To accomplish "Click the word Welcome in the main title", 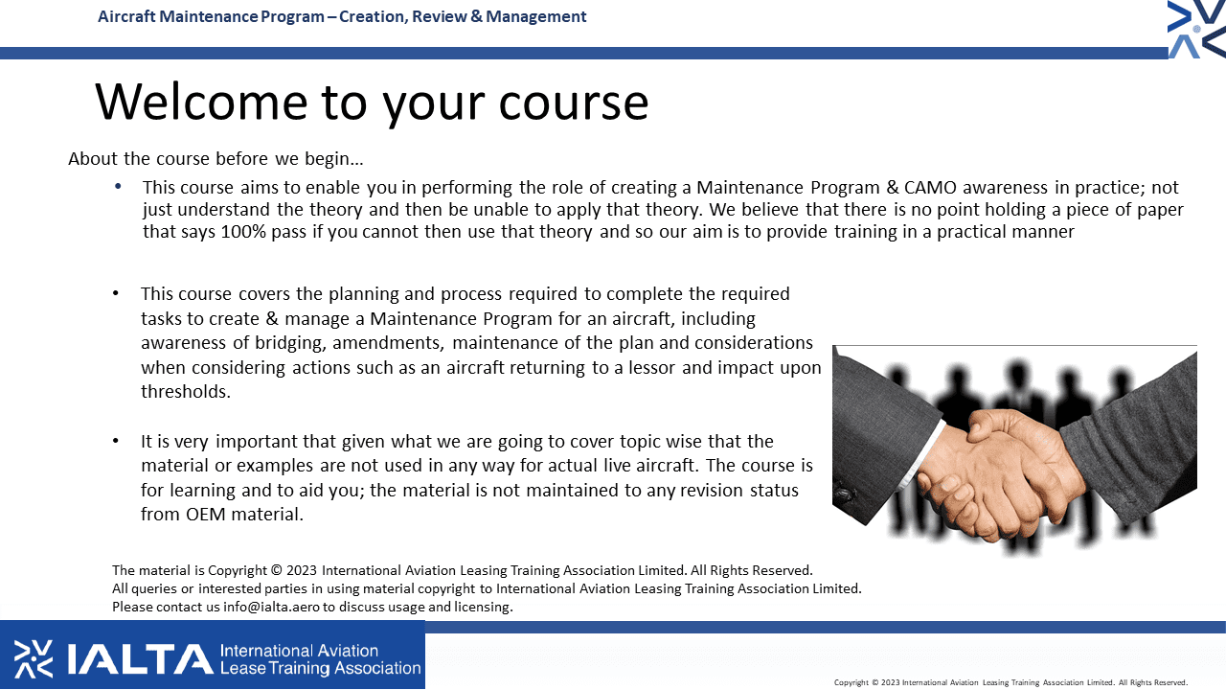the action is (x=202, y=102).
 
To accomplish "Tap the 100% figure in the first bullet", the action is (x=243, y=232).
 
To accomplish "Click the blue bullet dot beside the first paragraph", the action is (x=118, y=187).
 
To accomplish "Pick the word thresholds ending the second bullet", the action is (x=186, y=392).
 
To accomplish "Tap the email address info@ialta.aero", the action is (x=271, y=607).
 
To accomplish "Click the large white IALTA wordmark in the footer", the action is (x=141, y=658).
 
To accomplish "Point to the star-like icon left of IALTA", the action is (x=34, y=658).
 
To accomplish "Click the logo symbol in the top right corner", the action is (x=1196, y=29).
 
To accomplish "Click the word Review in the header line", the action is (x=439, y=16).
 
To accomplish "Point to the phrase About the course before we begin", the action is (x=216, y=159).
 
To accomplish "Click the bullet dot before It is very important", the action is (x=116, y=441).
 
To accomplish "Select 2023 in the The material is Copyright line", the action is (x=302, y=570).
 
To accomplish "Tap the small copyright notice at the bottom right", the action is (x=1010, y=682).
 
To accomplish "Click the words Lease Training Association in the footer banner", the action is (x=320, y=668).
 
